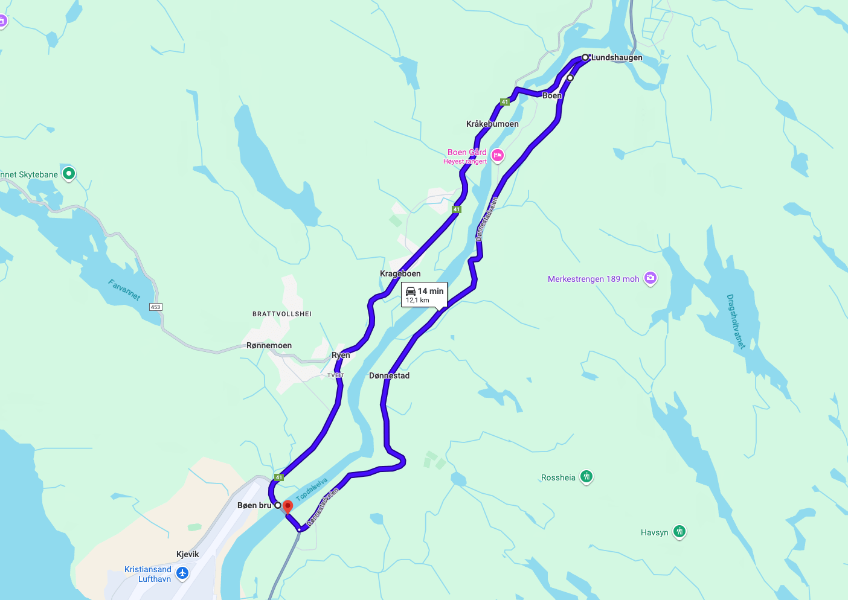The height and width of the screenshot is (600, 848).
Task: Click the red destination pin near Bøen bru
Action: [288, 506]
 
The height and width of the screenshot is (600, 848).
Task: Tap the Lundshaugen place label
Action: [617, 58]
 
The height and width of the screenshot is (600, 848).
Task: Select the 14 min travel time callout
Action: [424, 295]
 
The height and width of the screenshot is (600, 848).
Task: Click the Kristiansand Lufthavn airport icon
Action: [182, 573]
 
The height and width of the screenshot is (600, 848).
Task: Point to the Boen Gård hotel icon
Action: [498, 156]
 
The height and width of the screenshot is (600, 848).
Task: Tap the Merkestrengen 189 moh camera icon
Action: [650, 278]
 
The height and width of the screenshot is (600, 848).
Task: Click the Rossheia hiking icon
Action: [586, 477]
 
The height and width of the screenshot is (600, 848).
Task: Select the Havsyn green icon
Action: [679, 531]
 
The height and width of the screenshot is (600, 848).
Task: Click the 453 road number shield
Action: [155, 307]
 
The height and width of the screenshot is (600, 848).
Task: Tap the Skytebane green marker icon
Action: [69, 174]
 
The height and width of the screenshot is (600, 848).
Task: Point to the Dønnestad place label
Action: [389, 375]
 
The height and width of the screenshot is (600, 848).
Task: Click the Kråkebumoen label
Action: [492, 124]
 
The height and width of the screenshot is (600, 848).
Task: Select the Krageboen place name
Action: [400, 273]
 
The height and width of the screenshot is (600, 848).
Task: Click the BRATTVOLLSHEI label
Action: [282, 314]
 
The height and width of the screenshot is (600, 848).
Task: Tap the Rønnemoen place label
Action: [269, 345]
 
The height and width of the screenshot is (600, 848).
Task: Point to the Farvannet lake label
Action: [124, 289]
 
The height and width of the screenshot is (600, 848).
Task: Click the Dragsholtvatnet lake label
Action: [735, 321]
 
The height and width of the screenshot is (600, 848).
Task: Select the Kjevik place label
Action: [187, 554]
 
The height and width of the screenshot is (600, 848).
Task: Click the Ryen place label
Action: [341, 355]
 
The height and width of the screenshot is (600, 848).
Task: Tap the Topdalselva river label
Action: [312, 489]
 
